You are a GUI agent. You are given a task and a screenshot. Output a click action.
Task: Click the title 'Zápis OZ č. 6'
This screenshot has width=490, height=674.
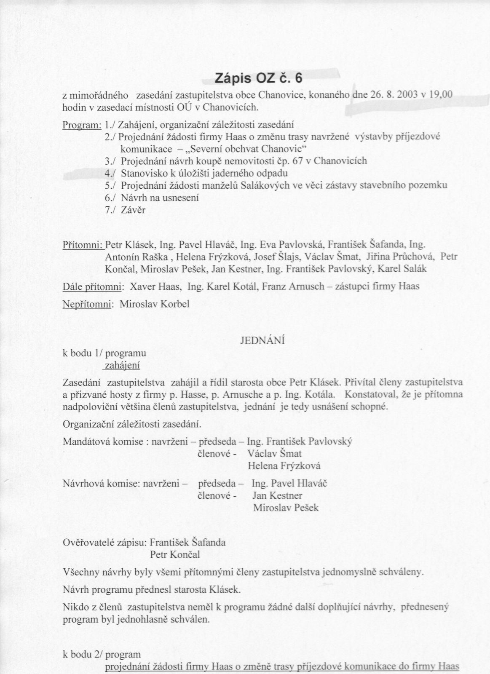(x=259, y=78)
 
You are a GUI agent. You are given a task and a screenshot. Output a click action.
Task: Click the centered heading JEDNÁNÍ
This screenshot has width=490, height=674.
(x=262, y=341)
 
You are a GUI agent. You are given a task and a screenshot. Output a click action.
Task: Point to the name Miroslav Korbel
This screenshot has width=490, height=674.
(x=155, y=304)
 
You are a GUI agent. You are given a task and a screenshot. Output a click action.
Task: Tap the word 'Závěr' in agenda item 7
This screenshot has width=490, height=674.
(x=133, y=210)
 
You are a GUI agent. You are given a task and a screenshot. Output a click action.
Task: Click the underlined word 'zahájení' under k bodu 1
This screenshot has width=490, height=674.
(x=122, y=366)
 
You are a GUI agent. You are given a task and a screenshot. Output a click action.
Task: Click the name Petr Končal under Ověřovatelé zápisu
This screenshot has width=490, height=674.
(x=175, y=554)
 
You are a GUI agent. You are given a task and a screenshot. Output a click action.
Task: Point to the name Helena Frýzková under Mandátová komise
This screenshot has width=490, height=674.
(x=284, y=466)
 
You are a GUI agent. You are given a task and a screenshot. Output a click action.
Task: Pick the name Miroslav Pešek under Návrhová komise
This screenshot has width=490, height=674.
(x=286, y=508)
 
